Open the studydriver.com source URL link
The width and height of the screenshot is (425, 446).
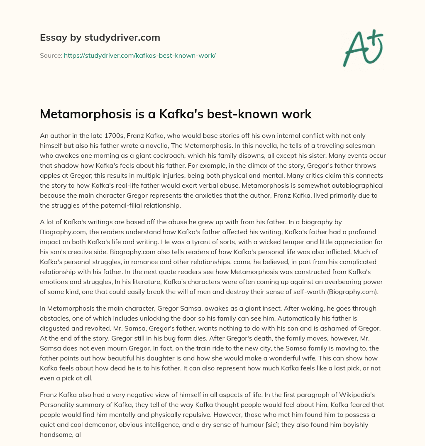click(139, 55)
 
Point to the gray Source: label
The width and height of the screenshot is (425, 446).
click(51, 55)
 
